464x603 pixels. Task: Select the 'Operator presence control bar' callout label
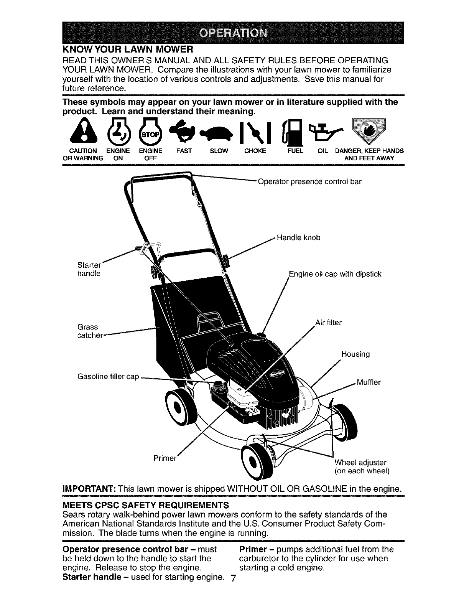(x=310, y=181)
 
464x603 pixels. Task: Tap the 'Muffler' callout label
(x=369, y=382)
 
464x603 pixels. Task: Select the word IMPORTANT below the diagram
(x=86, y=489)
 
